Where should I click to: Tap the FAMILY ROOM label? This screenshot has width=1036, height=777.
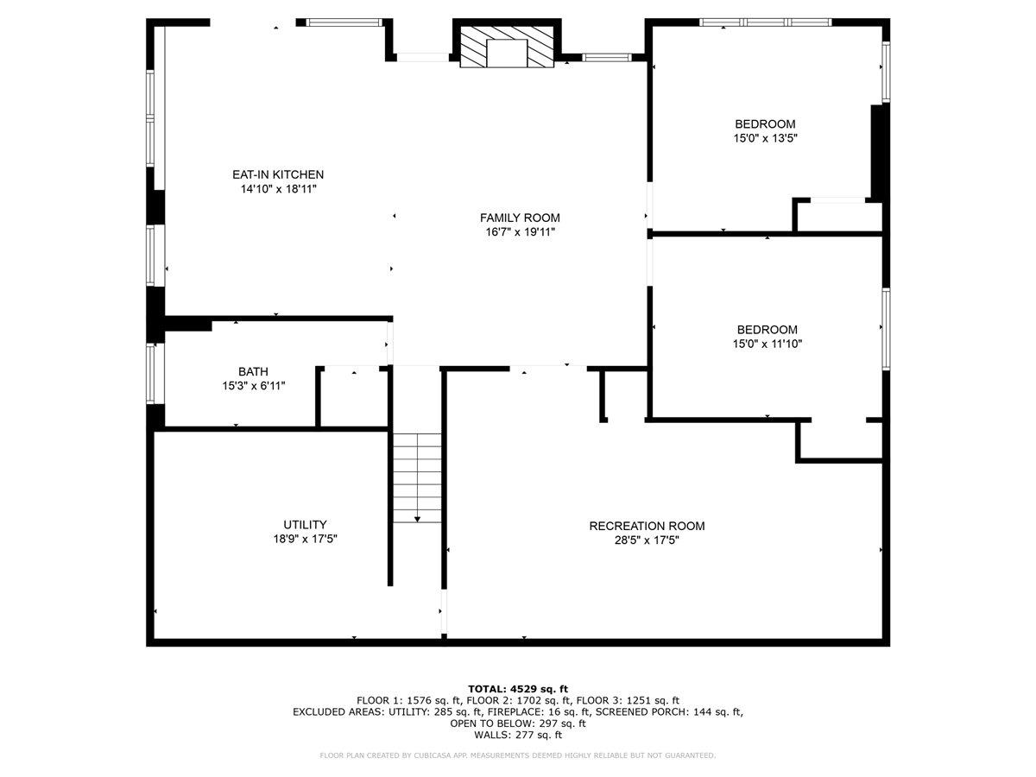(x=520, y=218)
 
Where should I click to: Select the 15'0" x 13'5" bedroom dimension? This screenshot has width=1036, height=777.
(x=765, y=137)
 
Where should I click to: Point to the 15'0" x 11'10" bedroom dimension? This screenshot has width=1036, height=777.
(x=767, y=344)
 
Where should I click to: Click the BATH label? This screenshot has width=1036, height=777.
(x=253, y=371)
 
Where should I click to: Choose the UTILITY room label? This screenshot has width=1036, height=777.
(x=305, y=524)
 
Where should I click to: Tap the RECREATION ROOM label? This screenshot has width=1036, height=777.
(x=647, y=526)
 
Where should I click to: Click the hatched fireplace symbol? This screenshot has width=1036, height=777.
(x=507, y=47)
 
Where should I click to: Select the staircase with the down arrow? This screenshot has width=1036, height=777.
(x=418, y=477)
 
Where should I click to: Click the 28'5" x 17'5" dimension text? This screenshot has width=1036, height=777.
(x=647, y=540)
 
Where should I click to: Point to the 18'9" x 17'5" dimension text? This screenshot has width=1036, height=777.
(x=305, y=538)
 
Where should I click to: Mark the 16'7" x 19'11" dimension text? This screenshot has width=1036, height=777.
(x=520, y=231)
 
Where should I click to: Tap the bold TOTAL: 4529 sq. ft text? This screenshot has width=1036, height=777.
(x=518, y=688)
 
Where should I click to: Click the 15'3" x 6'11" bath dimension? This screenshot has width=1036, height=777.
(x=253, y=385)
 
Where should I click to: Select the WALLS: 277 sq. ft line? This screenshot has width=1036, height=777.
(x=518, y=736)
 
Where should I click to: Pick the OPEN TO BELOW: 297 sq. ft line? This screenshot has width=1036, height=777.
(x=518, y=723)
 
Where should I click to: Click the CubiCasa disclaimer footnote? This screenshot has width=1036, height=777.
(x=518, y=755)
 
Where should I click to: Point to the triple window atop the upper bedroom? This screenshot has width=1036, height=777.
(x=765, y=22)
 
